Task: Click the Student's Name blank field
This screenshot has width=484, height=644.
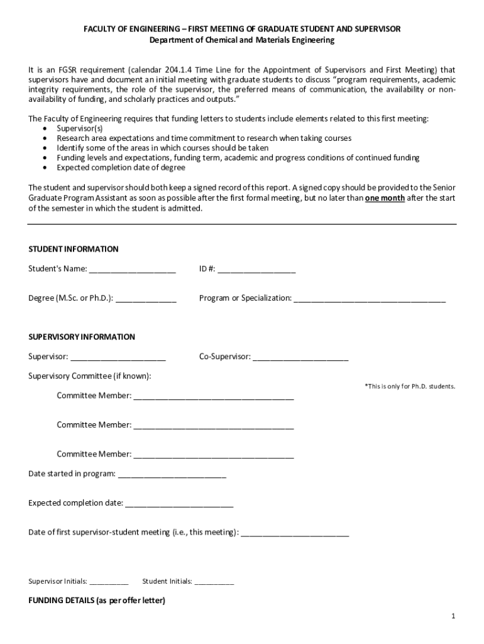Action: pos(132,270)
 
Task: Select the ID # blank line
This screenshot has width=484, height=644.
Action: pos(256,270)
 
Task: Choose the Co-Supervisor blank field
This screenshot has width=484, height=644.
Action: pos(300,358)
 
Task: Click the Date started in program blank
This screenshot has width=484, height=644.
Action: pos(172,474)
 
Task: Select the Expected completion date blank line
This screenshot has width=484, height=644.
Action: pos(179,504)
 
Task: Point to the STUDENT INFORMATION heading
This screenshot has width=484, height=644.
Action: pos(73,249)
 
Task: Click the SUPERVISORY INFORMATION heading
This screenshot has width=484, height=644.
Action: pos(82,337)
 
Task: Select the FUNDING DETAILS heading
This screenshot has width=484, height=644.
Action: pos(97,601)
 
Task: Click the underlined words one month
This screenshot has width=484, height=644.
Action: pos(385,198)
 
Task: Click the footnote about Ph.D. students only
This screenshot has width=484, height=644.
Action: pos(410,386)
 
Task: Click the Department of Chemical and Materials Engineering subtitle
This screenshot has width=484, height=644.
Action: pos(242,40)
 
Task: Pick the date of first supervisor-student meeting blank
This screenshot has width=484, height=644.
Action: pos(295,533)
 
